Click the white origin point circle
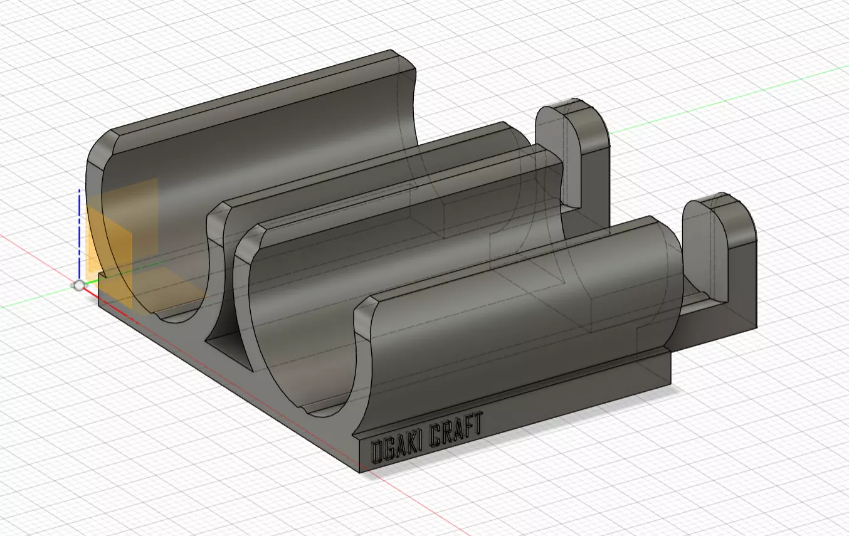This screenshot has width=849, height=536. [78, 286]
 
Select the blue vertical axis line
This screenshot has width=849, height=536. [79, 232]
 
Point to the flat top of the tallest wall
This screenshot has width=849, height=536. [263, 94]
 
